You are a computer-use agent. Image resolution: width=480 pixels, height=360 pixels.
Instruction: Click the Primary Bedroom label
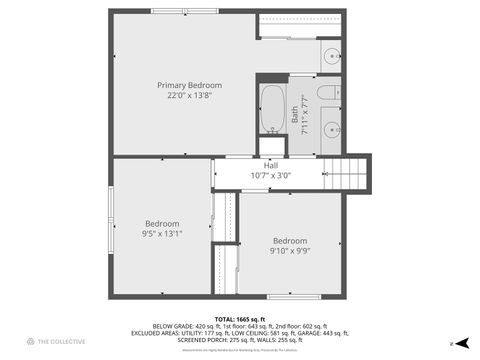pos(189,85)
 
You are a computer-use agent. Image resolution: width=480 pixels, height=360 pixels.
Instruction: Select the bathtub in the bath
pos(272,109)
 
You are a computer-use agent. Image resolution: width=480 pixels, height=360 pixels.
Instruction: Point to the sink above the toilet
pos(330,55)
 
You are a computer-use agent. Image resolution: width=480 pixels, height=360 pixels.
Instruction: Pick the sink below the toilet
pos(331,129)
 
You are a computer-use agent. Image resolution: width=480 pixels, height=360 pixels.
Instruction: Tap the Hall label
pos(270,165)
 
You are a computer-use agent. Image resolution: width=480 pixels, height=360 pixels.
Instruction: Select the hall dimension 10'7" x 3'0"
pos(270,175)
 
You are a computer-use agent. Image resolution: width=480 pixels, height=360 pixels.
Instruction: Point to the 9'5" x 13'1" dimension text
pos(161,233)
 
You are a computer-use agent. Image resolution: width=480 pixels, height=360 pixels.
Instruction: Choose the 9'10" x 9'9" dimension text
pos(290,251)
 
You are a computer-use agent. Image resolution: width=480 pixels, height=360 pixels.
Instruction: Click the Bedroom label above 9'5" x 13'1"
pos(161,223)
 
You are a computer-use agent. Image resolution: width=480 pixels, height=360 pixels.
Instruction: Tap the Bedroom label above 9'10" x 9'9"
pos(290,240)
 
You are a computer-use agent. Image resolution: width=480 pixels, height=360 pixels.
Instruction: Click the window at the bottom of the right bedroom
pos(293,296)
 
